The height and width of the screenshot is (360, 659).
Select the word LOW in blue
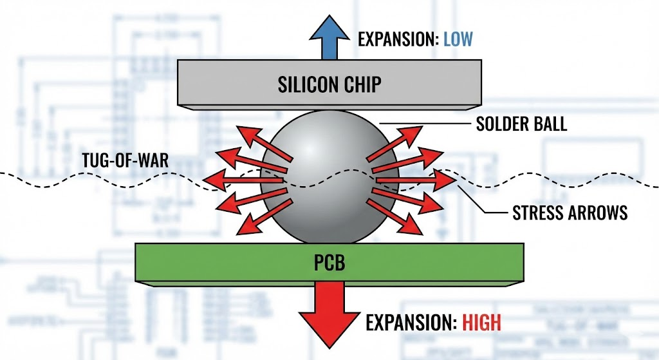pyautogui.click(x=458, y=39)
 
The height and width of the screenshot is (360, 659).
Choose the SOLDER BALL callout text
pyautogui.click(x=521, y=124)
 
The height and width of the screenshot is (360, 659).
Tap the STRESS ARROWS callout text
pyautogui.click(x=570, y=213)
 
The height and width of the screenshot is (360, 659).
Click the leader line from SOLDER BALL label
pyautogui.click(x=425, y=124)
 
